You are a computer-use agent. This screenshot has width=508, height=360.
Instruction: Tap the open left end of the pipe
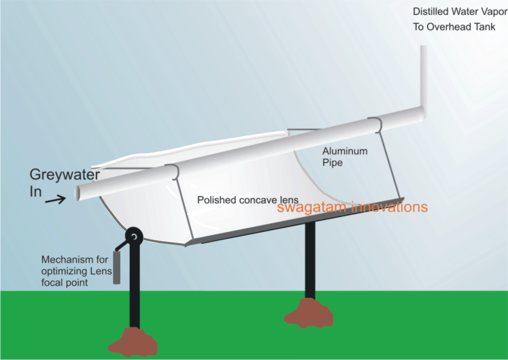coord(78,192)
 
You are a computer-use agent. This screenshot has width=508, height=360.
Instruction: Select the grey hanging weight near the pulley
coord(117,266)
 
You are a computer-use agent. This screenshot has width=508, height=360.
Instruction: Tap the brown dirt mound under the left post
coord(133,341)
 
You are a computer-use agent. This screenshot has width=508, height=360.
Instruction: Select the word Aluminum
coord(345,152)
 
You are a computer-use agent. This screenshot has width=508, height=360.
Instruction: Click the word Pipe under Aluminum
coord(332,163)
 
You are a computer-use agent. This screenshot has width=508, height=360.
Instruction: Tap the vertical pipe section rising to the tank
coord(424,74)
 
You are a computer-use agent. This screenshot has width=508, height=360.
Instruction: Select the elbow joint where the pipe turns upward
coord(422,111)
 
